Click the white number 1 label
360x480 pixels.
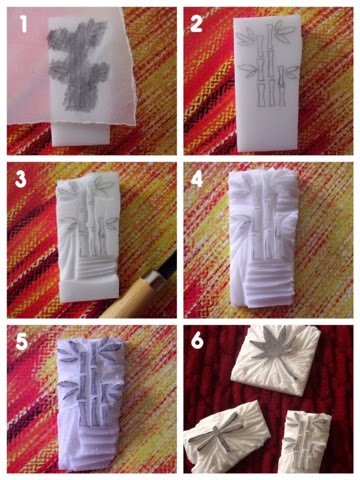click(24, 24)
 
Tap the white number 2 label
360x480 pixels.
click(196, 24)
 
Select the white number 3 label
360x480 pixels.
click(21, 179)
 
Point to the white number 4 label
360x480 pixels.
click(197, 179)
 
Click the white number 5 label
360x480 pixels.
click(22, 342)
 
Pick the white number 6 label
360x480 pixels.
click(197, 341)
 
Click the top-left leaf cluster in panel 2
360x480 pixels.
click(246, 36)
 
